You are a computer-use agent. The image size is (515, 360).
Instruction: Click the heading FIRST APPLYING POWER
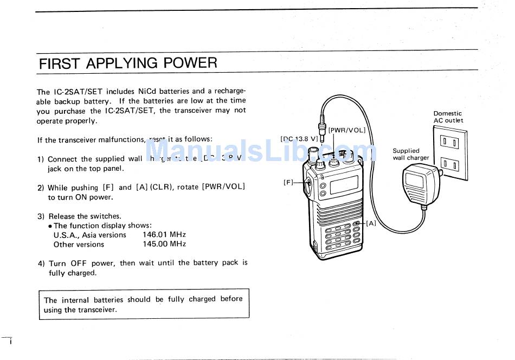(x=128, y=63)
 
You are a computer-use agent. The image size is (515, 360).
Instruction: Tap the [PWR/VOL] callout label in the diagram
(x=347, y=130)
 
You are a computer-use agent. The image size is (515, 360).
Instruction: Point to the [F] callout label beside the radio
(x=288, y=182)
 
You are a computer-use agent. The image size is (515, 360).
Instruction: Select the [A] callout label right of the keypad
(x=371, y=223)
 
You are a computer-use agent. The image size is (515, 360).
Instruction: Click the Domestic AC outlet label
(x=448, y=117)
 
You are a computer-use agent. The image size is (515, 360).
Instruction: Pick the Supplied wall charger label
(x=410, y=155)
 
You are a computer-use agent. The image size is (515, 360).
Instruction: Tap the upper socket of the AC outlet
(x=449, y=143)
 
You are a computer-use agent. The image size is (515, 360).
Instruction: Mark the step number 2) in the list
(x=41, y=188)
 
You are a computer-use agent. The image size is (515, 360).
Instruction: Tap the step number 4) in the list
(x=41, y=263)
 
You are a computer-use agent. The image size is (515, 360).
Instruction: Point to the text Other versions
(x=79, y=245)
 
